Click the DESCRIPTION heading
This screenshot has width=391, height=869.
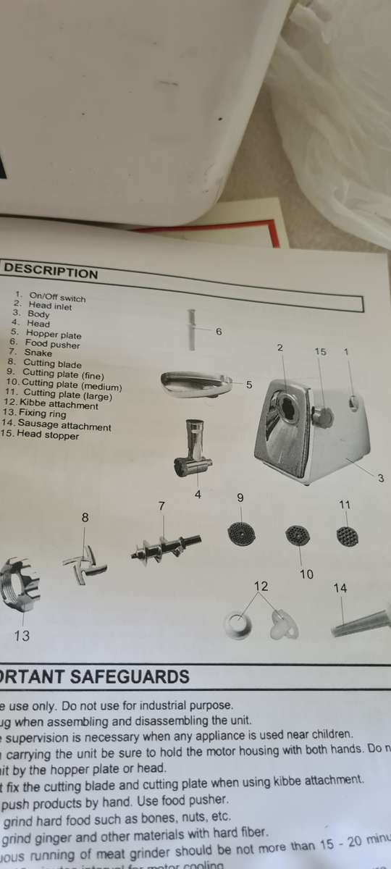click(x=51, y=273)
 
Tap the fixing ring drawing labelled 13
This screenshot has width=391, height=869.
click(x=17, y=584)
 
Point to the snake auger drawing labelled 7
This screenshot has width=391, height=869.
click(x=165, y=546)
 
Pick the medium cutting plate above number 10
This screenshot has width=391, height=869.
click(x=298, y=535)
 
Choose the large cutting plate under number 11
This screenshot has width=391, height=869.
click(x=348, y=537)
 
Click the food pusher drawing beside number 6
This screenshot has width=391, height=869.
click(x=193, y=330)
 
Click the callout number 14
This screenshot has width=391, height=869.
click(x=340, y=588)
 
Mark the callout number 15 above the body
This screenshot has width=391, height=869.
click(x=320, y=351)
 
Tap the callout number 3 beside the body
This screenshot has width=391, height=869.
click(x=381, y=477)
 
